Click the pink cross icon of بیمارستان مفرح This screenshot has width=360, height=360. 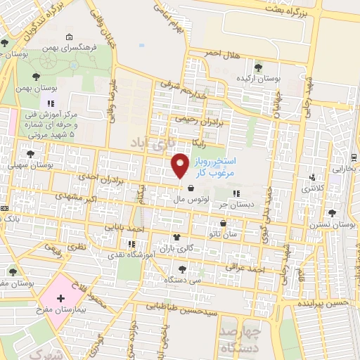(60, 298)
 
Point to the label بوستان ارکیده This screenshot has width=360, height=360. (259, 78)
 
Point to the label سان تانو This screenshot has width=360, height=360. (232, 233)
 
